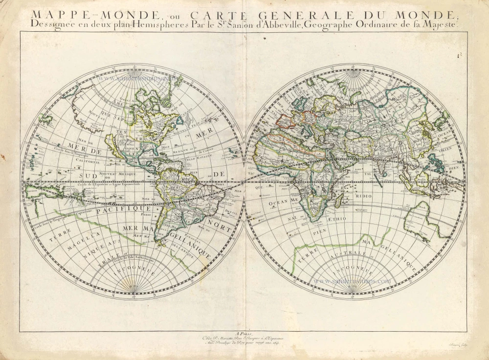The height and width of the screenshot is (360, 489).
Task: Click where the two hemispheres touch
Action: tap(244, 182)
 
